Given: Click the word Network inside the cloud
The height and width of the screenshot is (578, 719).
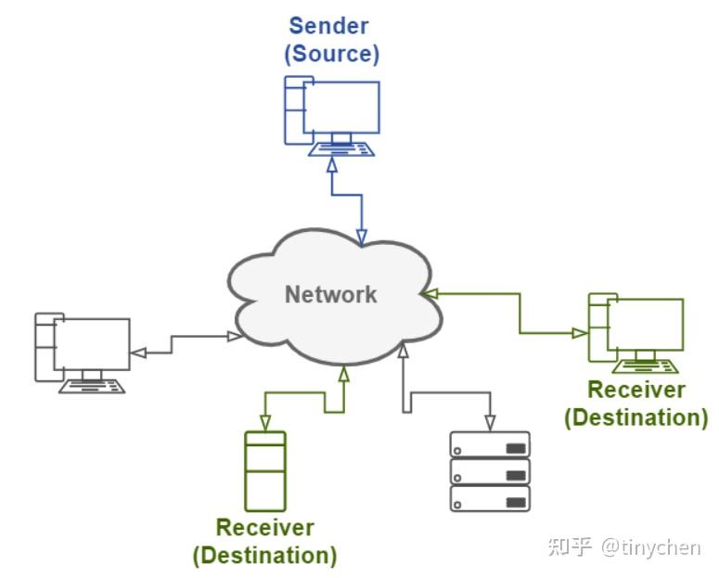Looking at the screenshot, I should (330, 295).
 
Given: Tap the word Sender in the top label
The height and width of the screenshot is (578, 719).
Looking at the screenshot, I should (329, 25).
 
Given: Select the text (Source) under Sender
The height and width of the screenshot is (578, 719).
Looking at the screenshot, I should (331, 53).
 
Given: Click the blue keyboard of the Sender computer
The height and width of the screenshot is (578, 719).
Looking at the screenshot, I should (342, 148).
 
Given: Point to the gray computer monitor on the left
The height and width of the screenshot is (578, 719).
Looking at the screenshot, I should (91, 343).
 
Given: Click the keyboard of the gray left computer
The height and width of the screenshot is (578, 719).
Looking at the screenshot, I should (92, 385).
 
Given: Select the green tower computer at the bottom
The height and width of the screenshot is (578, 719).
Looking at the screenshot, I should (264, 470).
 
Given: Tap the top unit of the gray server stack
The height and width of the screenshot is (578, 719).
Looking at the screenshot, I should (489, 445).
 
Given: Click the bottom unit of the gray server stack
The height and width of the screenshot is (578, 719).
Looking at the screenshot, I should (489, 498).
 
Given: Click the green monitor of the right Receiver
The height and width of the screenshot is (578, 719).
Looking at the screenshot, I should (646, 324).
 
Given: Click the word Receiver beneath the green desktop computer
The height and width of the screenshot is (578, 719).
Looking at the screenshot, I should (636, 391).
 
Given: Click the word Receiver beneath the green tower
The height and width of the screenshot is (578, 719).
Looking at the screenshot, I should (264, 528).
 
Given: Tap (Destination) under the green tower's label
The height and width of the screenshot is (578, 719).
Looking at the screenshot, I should (264, 556).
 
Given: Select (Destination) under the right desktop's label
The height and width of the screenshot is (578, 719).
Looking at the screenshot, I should (636, 417).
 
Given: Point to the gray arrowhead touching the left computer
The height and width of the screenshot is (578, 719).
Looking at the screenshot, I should (137, 352).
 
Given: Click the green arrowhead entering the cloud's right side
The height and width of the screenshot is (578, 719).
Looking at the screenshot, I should (429, 293).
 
